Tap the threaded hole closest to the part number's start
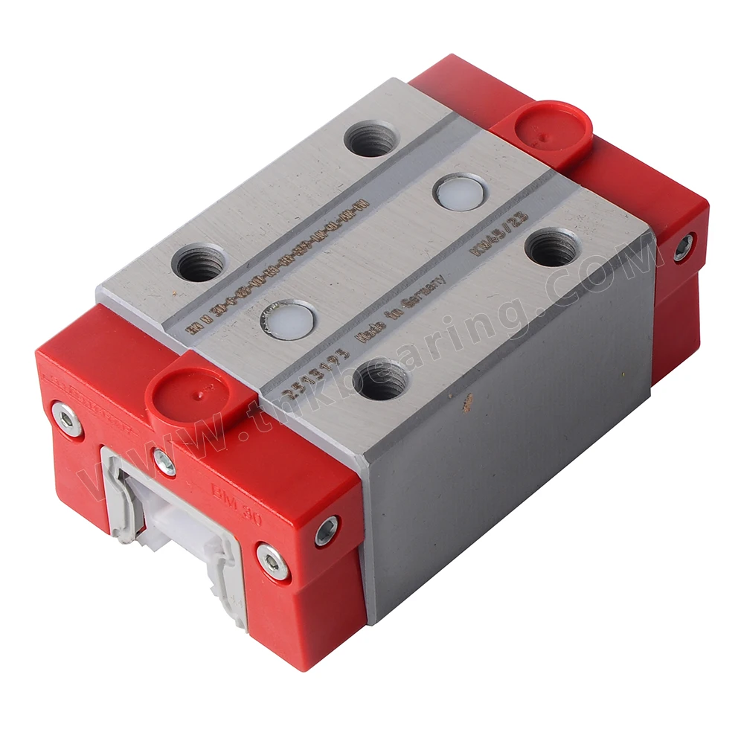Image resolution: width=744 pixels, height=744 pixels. pyautogui.click(x=200, y=263)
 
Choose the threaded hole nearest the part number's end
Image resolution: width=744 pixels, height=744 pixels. pyautogui.click(x=371, y=139)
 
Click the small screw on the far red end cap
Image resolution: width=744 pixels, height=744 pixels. pyautogui.click(x=682, y=248)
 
